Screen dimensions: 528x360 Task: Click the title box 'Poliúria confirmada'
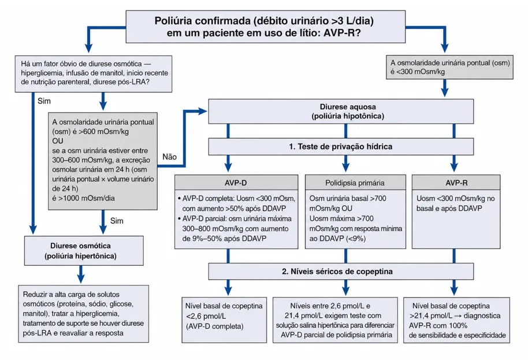point(265,27)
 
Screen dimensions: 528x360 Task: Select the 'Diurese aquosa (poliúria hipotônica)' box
point(341,111)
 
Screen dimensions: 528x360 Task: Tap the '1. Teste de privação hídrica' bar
point(341,147)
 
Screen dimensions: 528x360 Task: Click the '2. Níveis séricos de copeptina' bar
point(341,272)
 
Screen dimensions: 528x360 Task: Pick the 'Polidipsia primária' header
point(355,183)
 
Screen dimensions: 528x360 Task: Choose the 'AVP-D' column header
point(236,183)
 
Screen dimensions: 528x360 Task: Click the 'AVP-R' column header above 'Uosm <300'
point(456,183)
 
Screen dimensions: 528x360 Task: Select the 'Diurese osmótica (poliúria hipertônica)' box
point(84,251)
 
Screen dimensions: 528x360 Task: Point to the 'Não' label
point(169,157)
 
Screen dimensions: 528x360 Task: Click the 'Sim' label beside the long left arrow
point(44,101)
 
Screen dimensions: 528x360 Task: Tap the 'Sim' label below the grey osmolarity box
point(117,221)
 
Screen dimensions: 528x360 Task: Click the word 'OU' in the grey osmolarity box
point(58,141)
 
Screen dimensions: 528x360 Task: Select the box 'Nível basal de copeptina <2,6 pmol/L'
point(224,320)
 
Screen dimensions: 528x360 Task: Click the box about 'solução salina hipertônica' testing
point(335,320)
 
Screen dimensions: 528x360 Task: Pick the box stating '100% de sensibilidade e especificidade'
point(456,320)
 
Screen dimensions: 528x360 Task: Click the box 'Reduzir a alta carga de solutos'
point(84,314)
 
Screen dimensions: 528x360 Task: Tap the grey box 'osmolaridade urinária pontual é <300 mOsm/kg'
point(449,67)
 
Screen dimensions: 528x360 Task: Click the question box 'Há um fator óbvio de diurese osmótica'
point(94,74)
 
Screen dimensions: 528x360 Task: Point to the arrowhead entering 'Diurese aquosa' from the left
point(203,111)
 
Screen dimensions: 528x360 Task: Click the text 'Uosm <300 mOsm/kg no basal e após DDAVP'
point(456,203)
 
